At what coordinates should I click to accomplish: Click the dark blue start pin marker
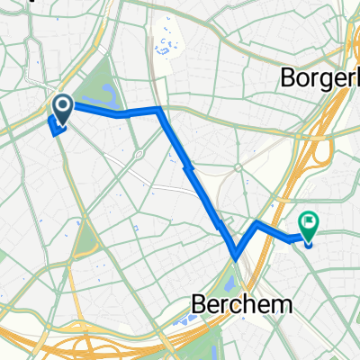64,108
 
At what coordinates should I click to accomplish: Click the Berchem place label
243,304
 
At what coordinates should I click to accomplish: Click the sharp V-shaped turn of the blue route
236,254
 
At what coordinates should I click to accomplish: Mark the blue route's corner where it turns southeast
159,109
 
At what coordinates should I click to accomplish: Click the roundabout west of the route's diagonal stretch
139,154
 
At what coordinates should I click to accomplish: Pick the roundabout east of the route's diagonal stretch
238,168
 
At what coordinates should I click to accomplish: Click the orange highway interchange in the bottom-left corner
54,346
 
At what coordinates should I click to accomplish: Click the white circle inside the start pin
64,106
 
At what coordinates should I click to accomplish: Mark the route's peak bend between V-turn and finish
257,221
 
